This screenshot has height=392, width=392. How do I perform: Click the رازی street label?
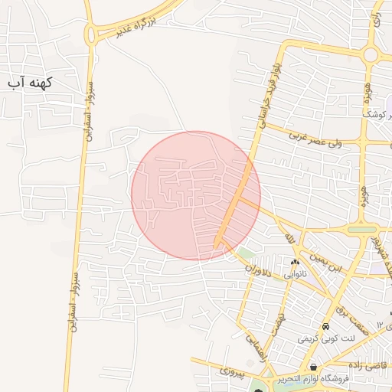coord(376,19)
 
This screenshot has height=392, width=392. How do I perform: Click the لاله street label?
coord(289,240)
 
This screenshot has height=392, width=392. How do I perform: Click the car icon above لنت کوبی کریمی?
coord(326,327)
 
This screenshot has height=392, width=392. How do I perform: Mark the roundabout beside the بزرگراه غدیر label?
coord(93,34)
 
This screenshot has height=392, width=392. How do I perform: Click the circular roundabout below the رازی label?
coord(371,54)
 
